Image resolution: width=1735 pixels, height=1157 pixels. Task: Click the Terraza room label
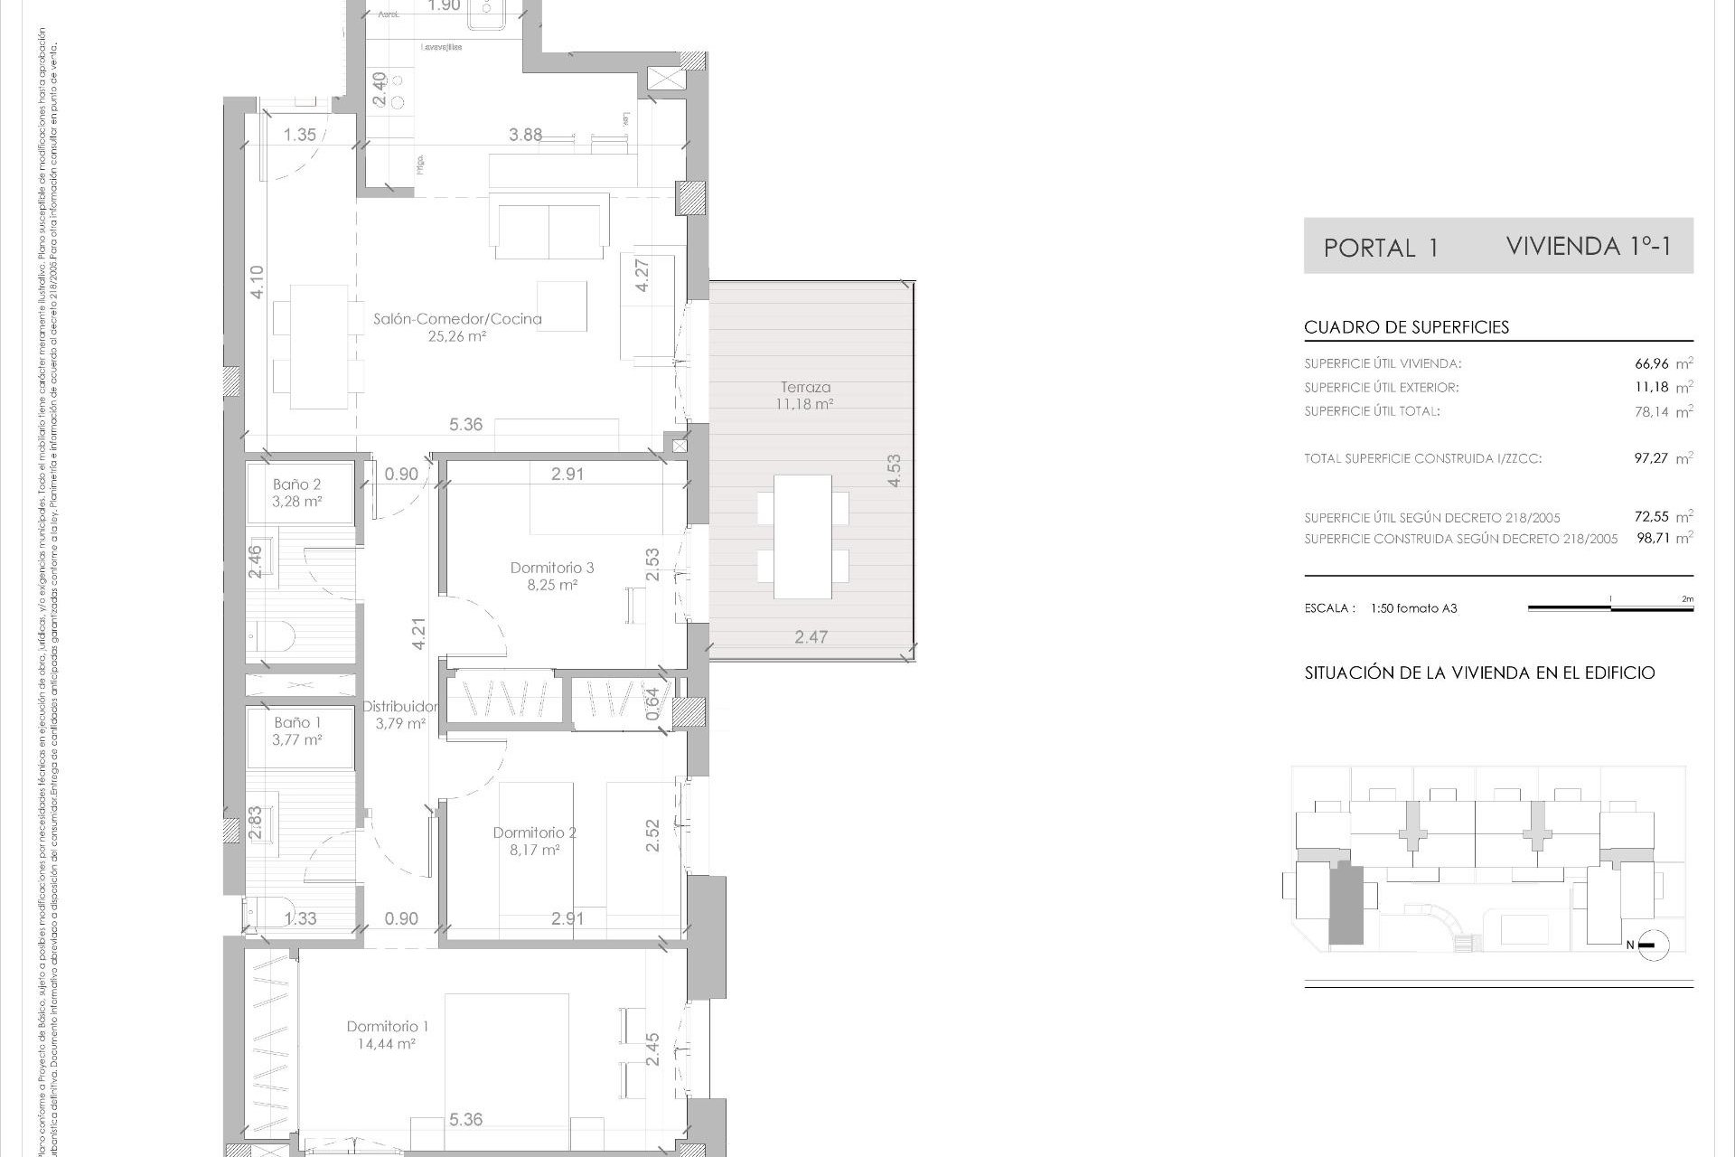click(x=805, y=388)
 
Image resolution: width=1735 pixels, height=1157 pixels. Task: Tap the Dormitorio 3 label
click(x=551, y=568)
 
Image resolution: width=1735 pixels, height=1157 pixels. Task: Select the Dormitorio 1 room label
click(x=387, y=1026)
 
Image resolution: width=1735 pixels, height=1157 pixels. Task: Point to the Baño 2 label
click(x=296, y=484)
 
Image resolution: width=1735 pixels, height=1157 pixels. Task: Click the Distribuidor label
click(x=400, y=706)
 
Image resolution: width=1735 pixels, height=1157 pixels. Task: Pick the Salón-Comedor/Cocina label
click(x=457, y=318)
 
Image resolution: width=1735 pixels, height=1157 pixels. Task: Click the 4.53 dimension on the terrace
click(x=894, y=470)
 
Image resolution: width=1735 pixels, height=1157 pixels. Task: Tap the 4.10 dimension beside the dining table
click(x=258, y=282)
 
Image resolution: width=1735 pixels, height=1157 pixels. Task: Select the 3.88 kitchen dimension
click(x=525, y=135)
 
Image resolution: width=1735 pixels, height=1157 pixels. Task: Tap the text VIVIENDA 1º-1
click(x=1589, y=246)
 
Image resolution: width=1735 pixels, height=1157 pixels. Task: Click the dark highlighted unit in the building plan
click(x=1346, y=904)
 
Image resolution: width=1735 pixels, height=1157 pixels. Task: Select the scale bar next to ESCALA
click(x=1610, y=608)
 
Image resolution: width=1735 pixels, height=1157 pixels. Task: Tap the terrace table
click(x=802, y=536)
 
